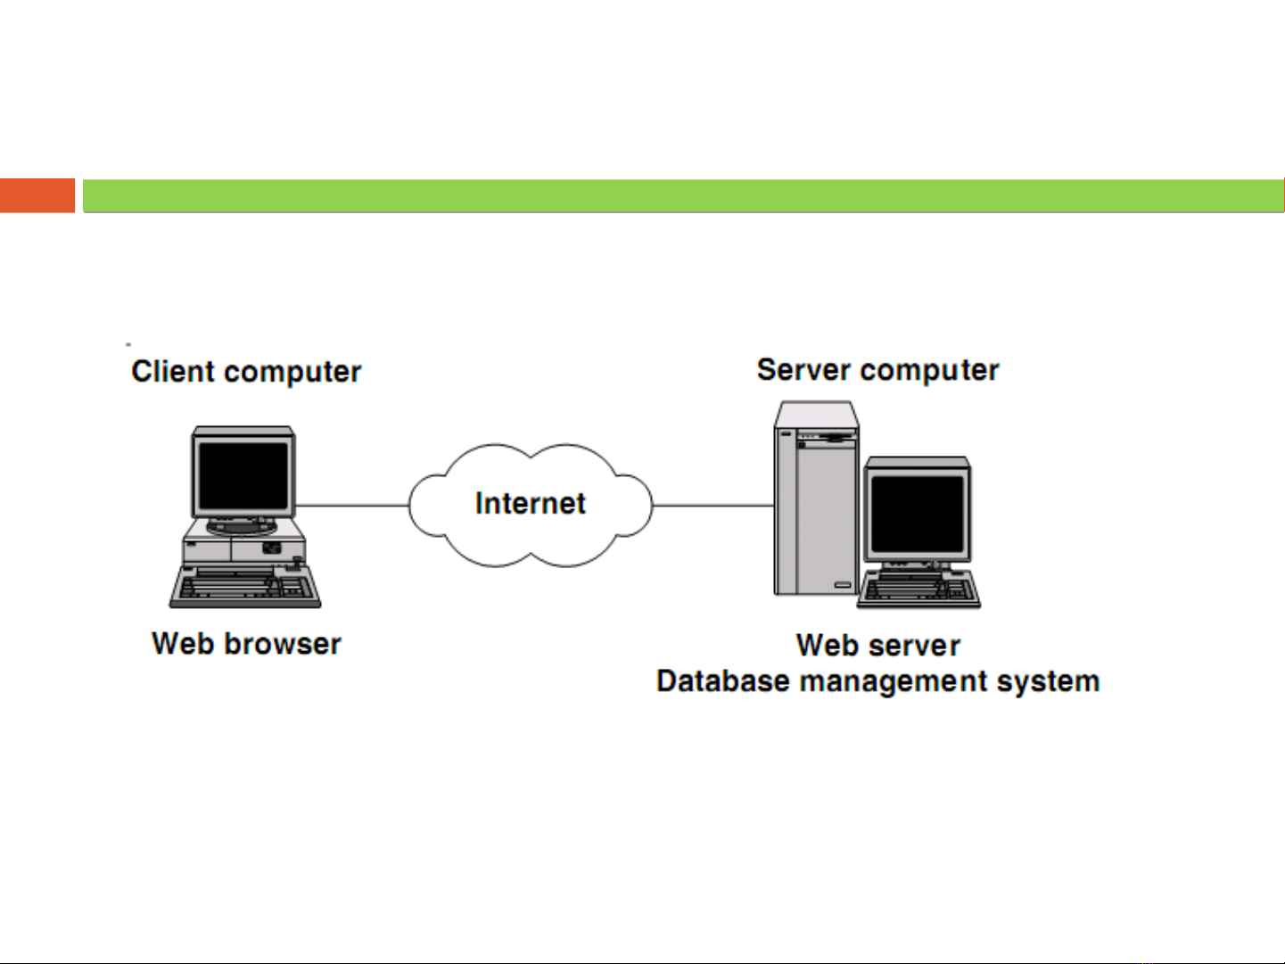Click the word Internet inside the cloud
[x=531, y=504]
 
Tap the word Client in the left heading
[x=173, y=371]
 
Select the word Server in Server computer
[x=803, y=369]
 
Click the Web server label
[x=878, y=645]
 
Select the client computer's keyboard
[x=245, y=589]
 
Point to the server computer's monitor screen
[x=918, y=513]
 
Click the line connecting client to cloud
[x=352, y=506]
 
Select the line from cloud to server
[x=713, y=506]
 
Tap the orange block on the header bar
[x=37, y=196]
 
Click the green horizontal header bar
[x=683, y=196]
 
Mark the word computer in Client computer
[x=288, y=372]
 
